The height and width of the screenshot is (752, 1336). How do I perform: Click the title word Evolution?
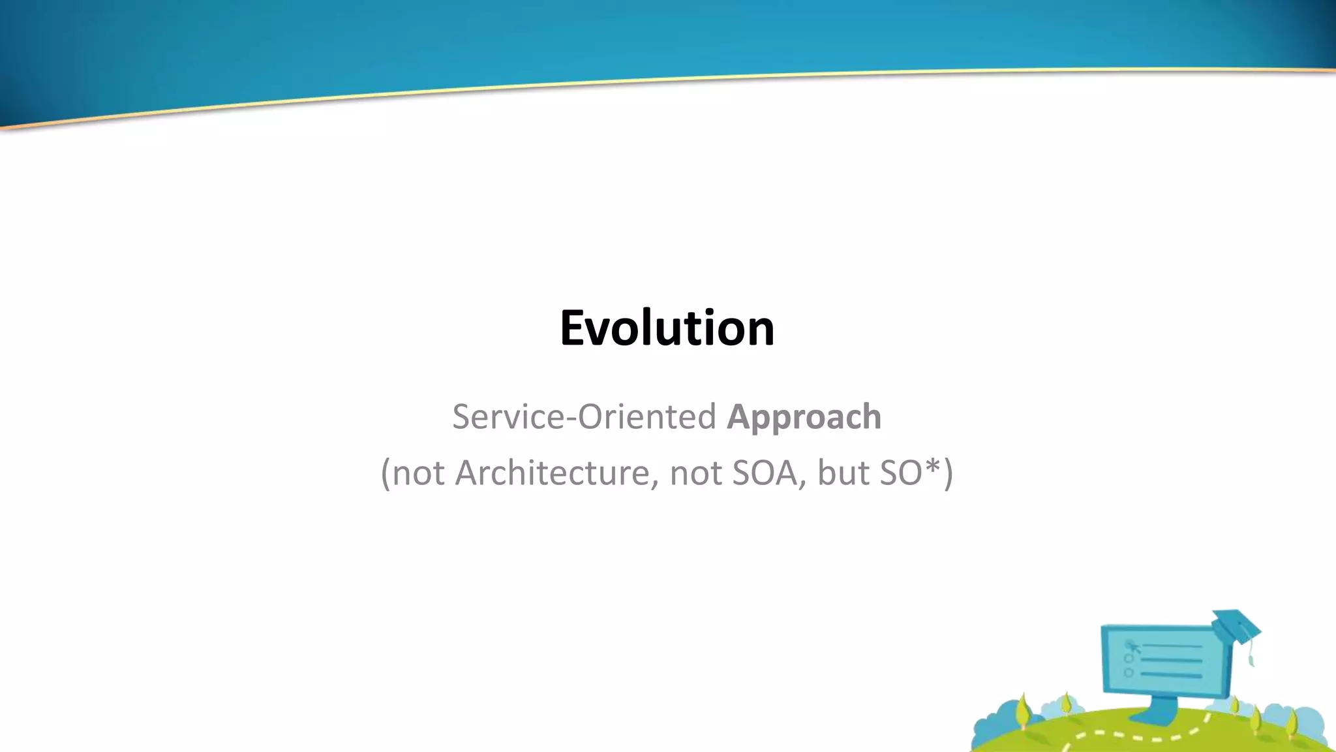pos(667,328)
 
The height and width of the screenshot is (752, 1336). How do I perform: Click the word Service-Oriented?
pos(584,416)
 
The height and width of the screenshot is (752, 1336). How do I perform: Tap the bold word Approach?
pos(804,418)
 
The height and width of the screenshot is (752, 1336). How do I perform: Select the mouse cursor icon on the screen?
pos(1134,647)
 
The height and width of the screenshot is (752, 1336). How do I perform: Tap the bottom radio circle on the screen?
pos(1129,672)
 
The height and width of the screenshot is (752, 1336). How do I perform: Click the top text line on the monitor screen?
pos(1171,646)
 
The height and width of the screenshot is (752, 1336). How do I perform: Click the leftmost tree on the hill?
pos(1023,710)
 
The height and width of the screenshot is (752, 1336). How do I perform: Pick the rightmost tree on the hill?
pos(1292,721)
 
